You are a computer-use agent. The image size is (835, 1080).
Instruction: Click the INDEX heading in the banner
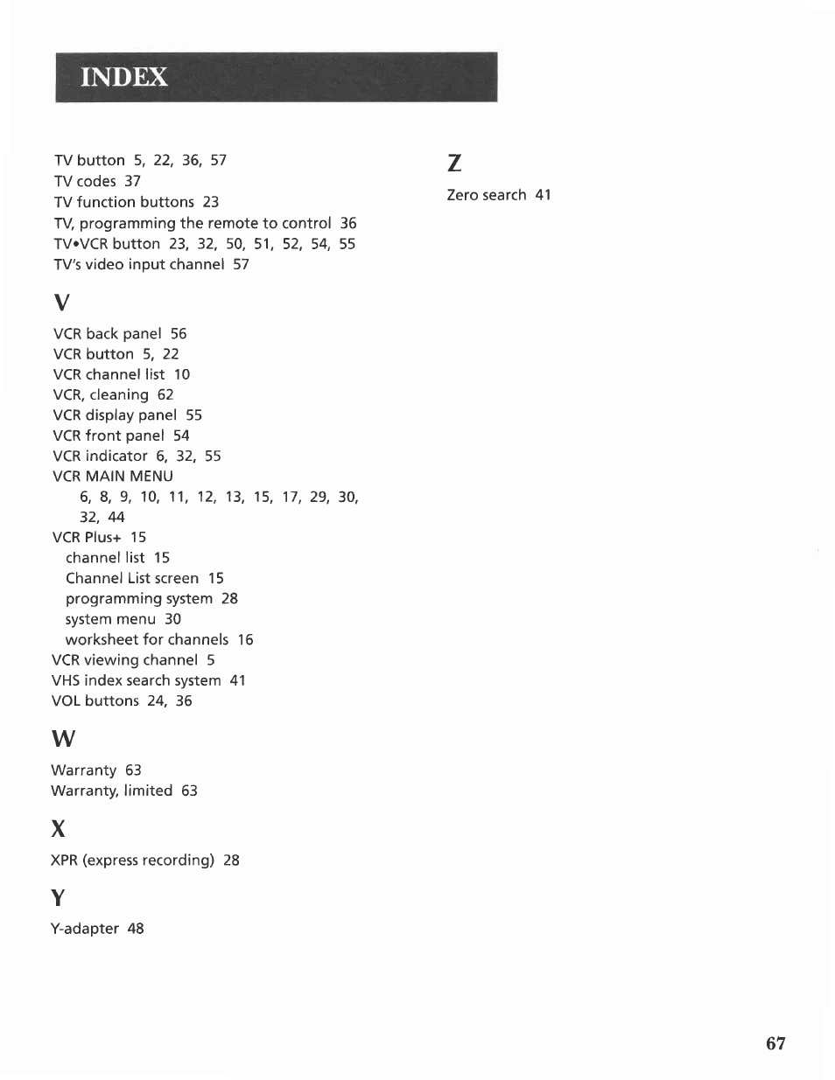tap(124, 78)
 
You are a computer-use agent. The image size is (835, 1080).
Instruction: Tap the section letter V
tap(60, 303)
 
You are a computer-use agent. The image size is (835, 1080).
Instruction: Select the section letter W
tap(63, 739)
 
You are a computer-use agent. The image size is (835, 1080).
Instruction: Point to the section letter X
tap(58, 828)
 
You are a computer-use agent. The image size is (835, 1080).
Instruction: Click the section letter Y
tap(58, 897)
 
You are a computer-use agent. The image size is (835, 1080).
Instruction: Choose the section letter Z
tap(453, 164)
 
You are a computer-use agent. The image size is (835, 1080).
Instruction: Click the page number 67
tap(775, 1042)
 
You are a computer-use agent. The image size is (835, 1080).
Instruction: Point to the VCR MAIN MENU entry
tap(113, 477)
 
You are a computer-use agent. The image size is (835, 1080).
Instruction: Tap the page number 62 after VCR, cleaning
tap(165, 394)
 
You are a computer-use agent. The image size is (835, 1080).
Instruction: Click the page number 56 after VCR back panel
tap(179, 333)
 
